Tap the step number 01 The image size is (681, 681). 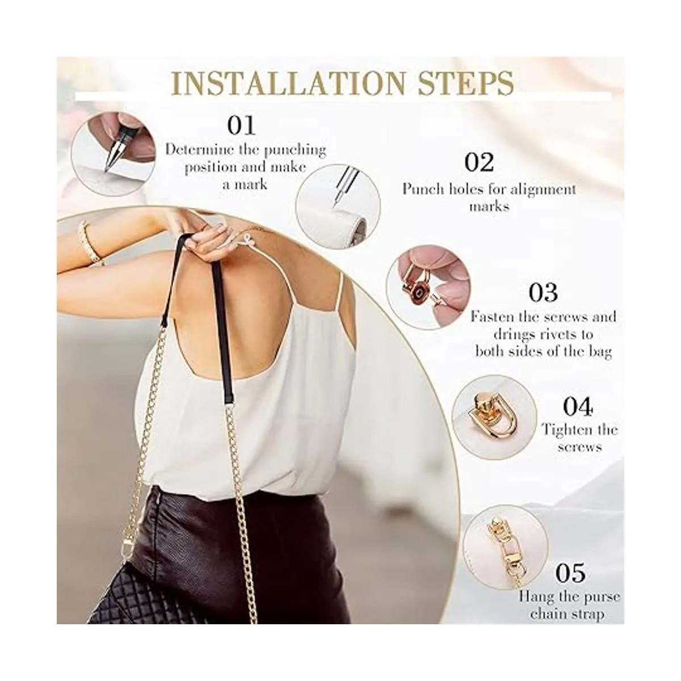(x=241, y=125)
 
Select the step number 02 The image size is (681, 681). (x=479, y=162)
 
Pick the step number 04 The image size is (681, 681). (x=578, y=406)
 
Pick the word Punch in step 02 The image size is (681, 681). (x=423, y=190)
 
